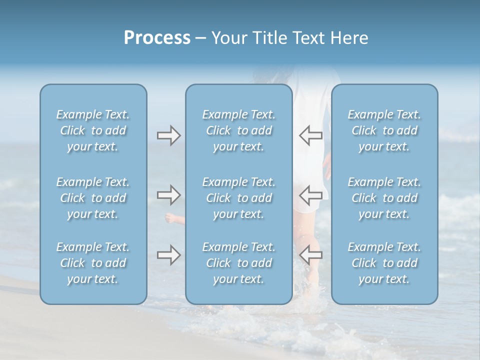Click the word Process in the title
pyautogui.click(x=157, y=38)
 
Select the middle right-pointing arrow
pyautogui.click(x=168, y=194)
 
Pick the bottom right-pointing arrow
pyautogui.click(x=168, y=255)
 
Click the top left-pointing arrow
pyautogui.click(x=310, y=135)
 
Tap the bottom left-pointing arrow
pyautogui.click(x=310, y=254)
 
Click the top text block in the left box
pyautogui.click(x=93, y=130)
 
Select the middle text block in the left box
pyautogui.click(x=93, y=198)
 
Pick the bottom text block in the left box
pyautogui.click(x=93, y=263)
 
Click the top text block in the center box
pyautogui.click(x=239, y=130)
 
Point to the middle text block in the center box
pyautogui.click(x=239, y=198)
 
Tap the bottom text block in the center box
pyautogui.click(x=239, y=263)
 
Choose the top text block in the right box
pyautogui.click(x=384, y=130)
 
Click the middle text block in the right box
pyautogui.click(x=384, y=198)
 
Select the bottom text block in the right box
pyautogui.click(x=384, y=263)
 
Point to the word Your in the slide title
pyautogui.click(x=228, y=38)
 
